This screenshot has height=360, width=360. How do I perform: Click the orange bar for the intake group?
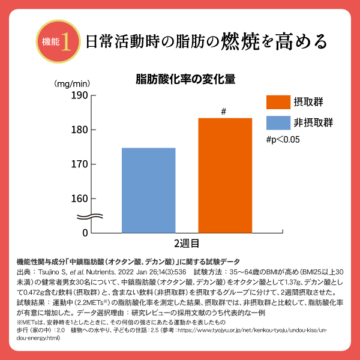pyautogui.click(x=225, y=175)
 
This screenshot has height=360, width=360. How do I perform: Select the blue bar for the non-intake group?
pyautogui.click(x=149, y=190)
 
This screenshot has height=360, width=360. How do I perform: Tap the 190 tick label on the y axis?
pyautogui.click(x=80, y=95)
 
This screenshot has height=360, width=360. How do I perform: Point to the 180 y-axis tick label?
pyautogui.click(x=80, y=130)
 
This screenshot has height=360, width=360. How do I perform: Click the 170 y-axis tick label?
pyautogui.click(x=80, y=164)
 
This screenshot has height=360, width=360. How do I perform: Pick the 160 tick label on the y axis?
pyautogui.click(x=80, y=198)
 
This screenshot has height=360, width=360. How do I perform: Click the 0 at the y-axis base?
pyautogui.click(x=85, y=232)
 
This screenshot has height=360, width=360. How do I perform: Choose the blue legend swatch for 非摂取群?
pyautogui.click(x=277, y=122)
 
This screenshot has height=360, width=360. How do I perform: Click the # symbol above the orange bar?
pyautogui.click(x=223, y=112)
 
